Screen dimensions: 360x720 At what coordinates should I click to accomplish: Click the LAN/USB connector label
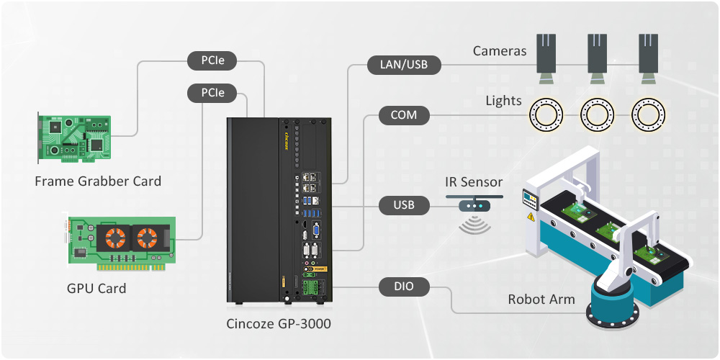click(x=403, y=66)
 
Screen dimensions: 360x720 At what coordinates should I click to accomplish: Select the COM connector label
click(x=403, y=115)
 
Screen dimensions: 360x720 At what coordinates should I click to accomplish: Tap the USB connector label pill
click(x=403, y=206)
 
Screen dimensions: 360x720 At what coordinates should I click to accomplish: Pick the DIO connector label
click(x=403, y=287)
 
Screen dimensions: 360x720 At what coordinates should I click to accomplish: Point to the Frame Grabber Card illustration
click(x=75, y=136)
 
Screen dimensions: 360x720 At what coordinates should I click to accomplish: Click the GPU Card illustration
click(x=121, y=243)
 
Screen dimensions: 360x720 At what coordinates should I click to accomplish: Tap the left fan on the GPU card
click(x=112, y=238)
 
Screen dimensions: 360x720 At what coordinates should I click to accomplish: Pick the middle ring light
click(x=598, y=114)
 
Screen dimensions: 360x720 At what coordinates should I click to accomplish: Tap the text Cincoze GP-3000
click(x=279, y=324)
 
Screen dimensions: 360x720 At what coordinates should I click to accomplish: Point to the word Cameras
click(x=500, y=51)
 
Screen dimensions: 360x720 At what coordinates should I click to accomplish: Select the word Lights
click(x=503, y=100)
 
